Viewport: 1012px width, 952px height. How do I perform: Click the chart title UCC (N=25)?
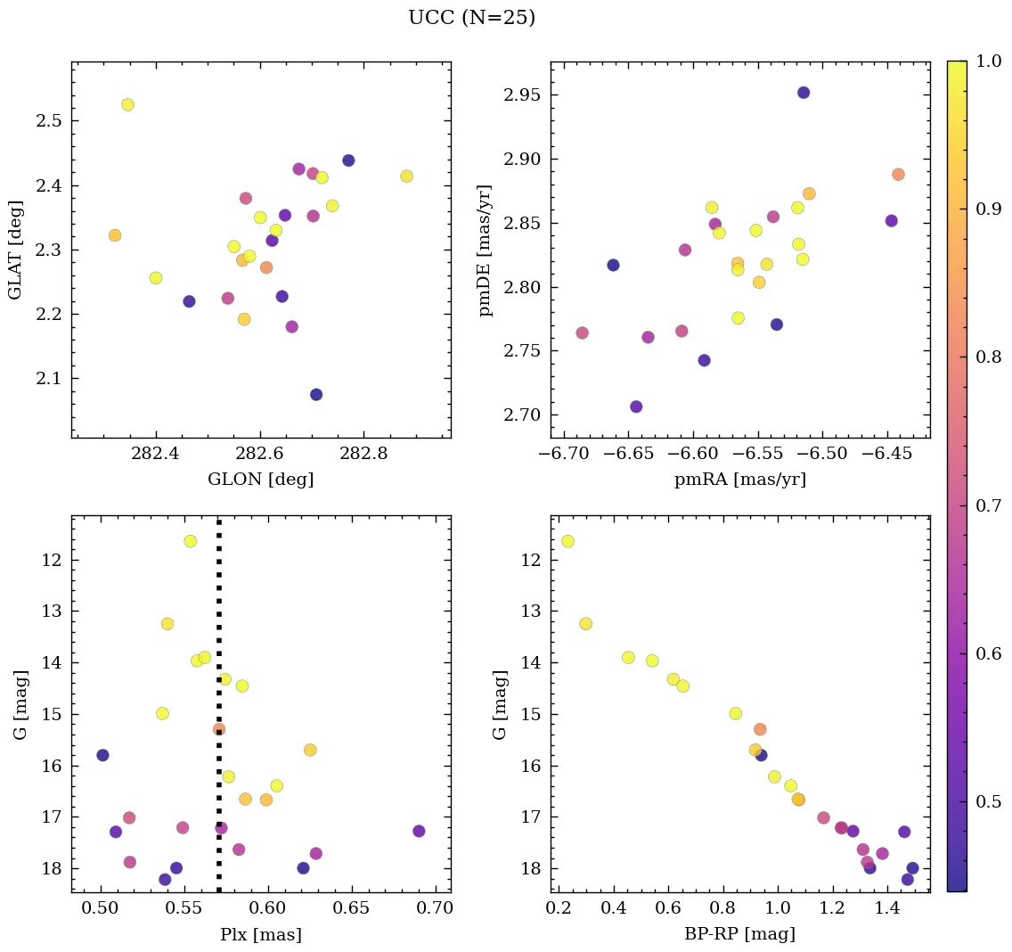tap(471, 18)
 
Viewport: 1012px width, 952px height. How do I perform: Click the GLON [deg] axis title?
tap(260, 480)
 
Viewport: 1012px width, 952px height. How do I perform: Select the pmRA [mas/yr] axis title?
tap(740, 480)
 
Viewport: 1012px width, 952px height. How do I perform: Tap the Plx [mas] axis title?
tap(260, 934)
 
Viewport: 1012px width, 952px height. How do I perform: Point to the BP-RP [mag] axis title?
tap(740, 934)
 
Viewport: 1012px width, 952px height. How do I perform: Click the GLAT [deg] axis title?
tap(15, 250)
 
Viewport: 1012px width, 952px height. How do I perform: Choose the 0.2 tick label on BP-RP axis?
tap(559, 909)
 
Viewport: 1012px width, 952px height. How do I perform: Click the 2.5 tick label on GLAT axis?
tap(48, 121)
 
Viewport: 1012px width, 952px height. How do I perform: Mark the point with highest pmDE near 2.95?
tap(804, 93)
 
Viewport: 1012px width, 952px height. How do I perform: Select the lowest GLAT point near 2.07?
tap(316, 394)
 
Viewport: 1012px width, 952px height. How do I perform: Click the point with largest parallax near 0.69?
tap(419, 831)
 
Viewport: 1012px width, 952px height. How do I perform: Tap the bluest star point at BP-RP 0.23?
tap(567, 541)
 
